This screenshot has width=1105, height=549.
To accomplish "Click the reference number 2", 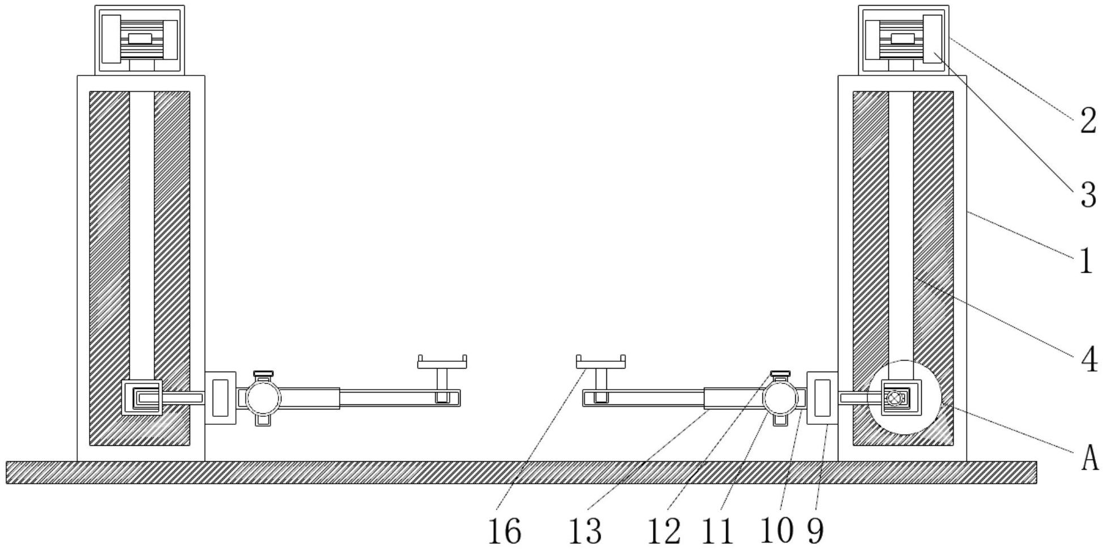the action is (1087, 121).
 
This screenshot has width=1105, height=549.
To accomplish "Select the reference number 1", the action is (1085, 261).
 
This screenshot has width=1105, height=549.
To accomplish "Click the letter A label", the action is (1089, 458).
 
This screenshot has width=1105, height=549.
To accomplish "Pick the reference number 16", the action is (504, 531).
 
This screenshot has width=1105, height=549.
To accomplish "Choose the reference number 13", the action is (585, 531).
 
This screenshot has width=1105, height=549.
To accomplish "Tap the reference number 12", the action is (664, 531).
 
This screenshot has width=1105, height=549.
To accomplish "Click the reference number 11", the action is (718, 531).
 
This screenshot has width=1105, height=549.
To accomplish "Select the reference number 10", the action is (777, 531).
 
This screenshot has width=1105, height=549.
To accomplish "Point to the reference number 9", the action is (815, 531).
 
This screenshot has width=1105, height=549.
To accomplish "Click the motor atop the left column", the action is (140, 39).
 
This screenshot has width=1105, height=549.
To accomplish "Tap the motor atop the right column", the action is (904, 39).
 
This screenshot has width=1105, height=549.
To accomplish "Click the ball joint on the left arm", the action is (263, 398).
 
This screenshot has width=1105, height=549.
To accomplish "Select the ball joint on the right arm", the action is (781, 398).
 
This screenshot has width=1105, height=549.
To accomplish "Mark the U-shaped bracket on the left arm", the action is (442, 361).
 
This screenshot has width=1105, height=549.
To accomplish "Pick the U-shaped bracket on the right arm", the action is (601, 361).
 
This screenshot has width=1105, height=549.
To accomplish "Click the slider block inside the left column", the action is (142, 398).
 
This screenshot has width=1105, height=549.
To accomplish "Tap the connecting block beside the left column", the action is (220, 398).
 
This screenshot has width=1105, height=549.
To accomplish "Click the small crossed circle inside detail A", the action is (894, 398).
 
